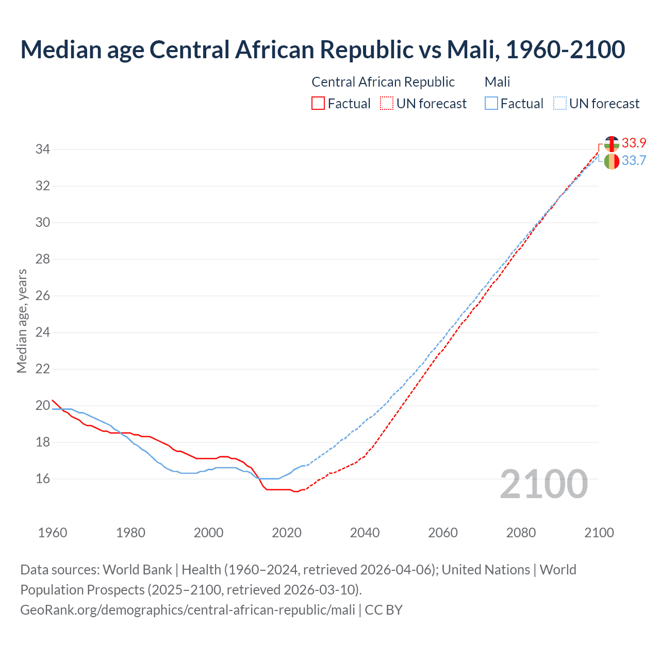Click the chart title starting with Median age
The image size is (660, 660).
(x=323, y=49)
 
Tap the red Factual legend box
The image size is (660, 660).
(x=318, y=104)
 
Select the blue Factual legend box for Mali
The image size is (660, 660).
(x=491, y=104)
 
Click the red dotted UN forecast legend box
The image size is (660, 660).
(x=387, y=104)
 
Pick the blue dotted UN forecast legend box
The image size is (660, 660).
(x=559, y=104)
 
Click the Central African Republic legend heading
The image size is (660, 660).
(x=383, y=82)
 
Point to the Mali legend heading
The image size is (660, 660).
(x=497, y=82)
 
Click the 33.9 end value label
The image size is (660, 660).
(x=634, y=143)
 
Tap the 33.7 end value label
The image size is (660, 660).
(x=634, y=161)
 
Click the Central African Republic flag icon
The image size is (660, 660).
(x=612, y=144)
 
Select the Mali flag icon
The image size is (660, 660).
(x=612, y=161)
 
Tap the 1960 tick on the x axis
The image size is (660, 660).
(x=53, y=533)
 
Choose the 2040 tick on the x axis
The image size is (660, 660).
(x=365, y=533)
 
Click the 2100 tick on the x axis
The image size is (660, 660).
(x=599, y=533)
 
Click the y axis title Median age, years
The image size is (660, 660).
(x=22, y=321)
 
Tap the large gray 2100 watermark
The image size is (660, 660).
(x=543, y=484)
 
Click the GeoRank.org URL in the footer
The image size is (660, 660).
(x=188, y=610)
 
